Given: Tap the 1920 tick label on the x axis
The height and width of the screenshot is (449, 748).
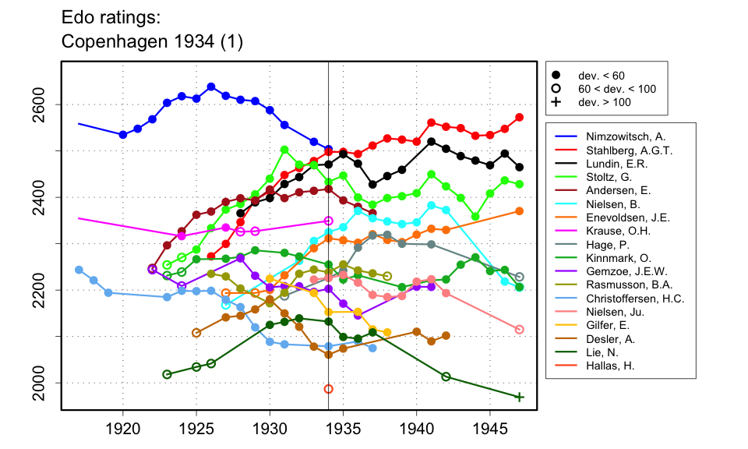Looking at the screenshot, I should pos(122,428).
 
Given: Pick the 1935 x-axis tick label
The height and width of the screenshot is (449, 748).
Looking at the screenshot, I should pos(343,428).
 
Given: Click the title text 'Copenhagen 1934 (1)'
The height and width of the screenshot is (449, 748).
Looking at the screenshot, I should pos(152,43).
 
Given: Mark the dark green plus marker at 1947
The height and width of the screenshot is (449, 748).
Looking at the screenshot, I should pos(520,398).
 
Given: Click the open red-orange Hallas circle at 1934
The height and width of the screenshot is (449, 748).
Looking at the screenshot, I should pos(329,389).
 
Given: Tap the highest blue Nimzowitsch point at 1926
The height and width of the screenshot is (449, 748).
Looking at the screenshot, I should pos(211,87).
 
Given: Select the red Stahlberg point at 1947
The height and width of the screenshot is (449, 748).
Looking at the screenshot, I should pos(520,118).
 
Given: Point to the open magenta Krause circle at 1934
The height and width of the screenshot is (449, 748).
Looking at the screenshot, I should pos(329,221).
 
